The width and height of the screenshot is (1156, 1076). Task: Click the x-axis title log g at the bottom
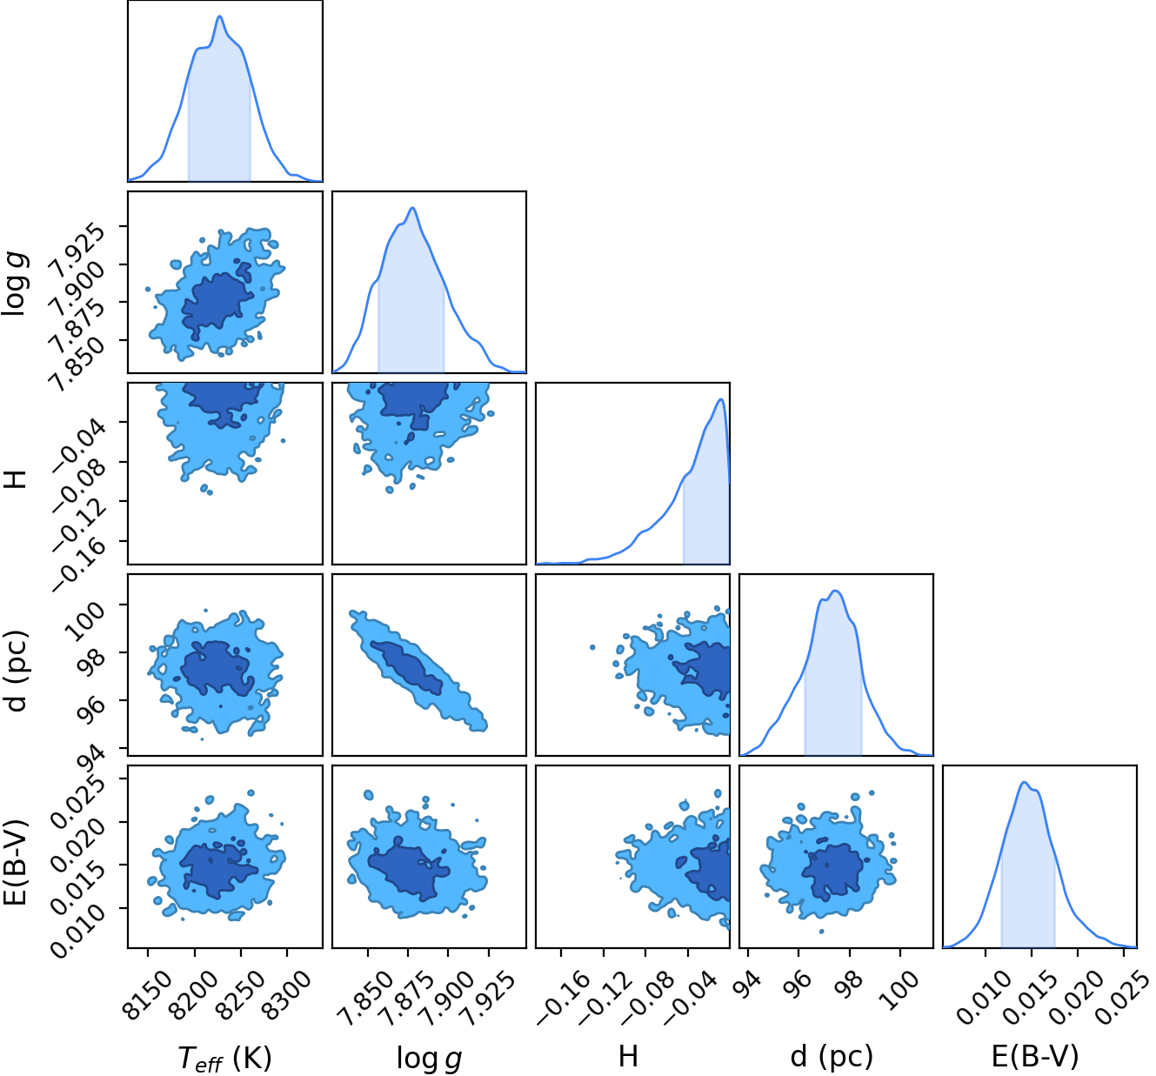429,1057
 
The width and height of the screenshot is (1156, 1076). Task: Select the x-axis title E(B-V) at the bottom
1035,1056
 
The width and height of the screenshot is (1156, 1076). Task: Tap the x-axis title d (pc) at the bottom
832,1056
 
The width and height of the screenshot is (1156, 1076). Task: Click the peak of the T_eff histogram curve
220,16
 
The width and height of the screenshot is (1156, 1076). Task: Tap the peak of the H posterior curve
721,399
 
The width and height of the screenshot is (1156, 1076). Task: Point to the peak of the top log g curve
412,207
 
